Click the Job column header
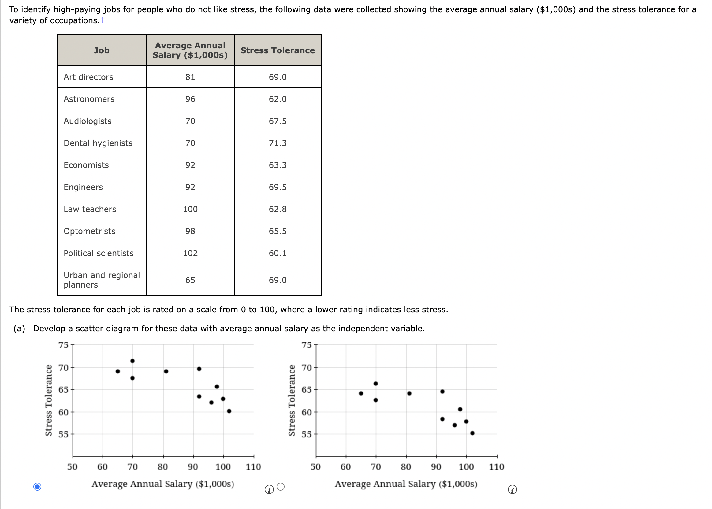point(102,50)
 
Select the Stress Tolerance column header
point(278,50)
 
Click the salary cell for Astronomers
point(190,99)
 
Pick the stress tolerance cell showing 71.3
point(278,143)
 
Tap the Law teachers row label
point(90,209)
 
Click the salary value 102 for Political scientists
point(190,253)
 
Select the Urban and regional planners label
point(101,280)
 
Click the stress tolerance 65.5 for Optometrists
point(278,231)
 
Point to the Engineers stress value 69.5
point(278,187)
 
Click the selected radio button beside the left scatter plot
point(37,487)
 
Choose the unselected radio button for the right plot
point(281,487)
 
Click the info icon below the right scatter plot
point(512,489)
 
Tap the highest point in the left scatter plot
point(132,361)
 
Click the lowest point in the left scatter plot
point(229,411)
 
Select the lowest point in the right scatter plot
point(472,433)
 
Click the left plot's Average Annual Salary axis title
point(163,484)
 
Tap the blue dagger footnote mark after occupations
point(103,20)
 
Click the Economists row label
point(86,165)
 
